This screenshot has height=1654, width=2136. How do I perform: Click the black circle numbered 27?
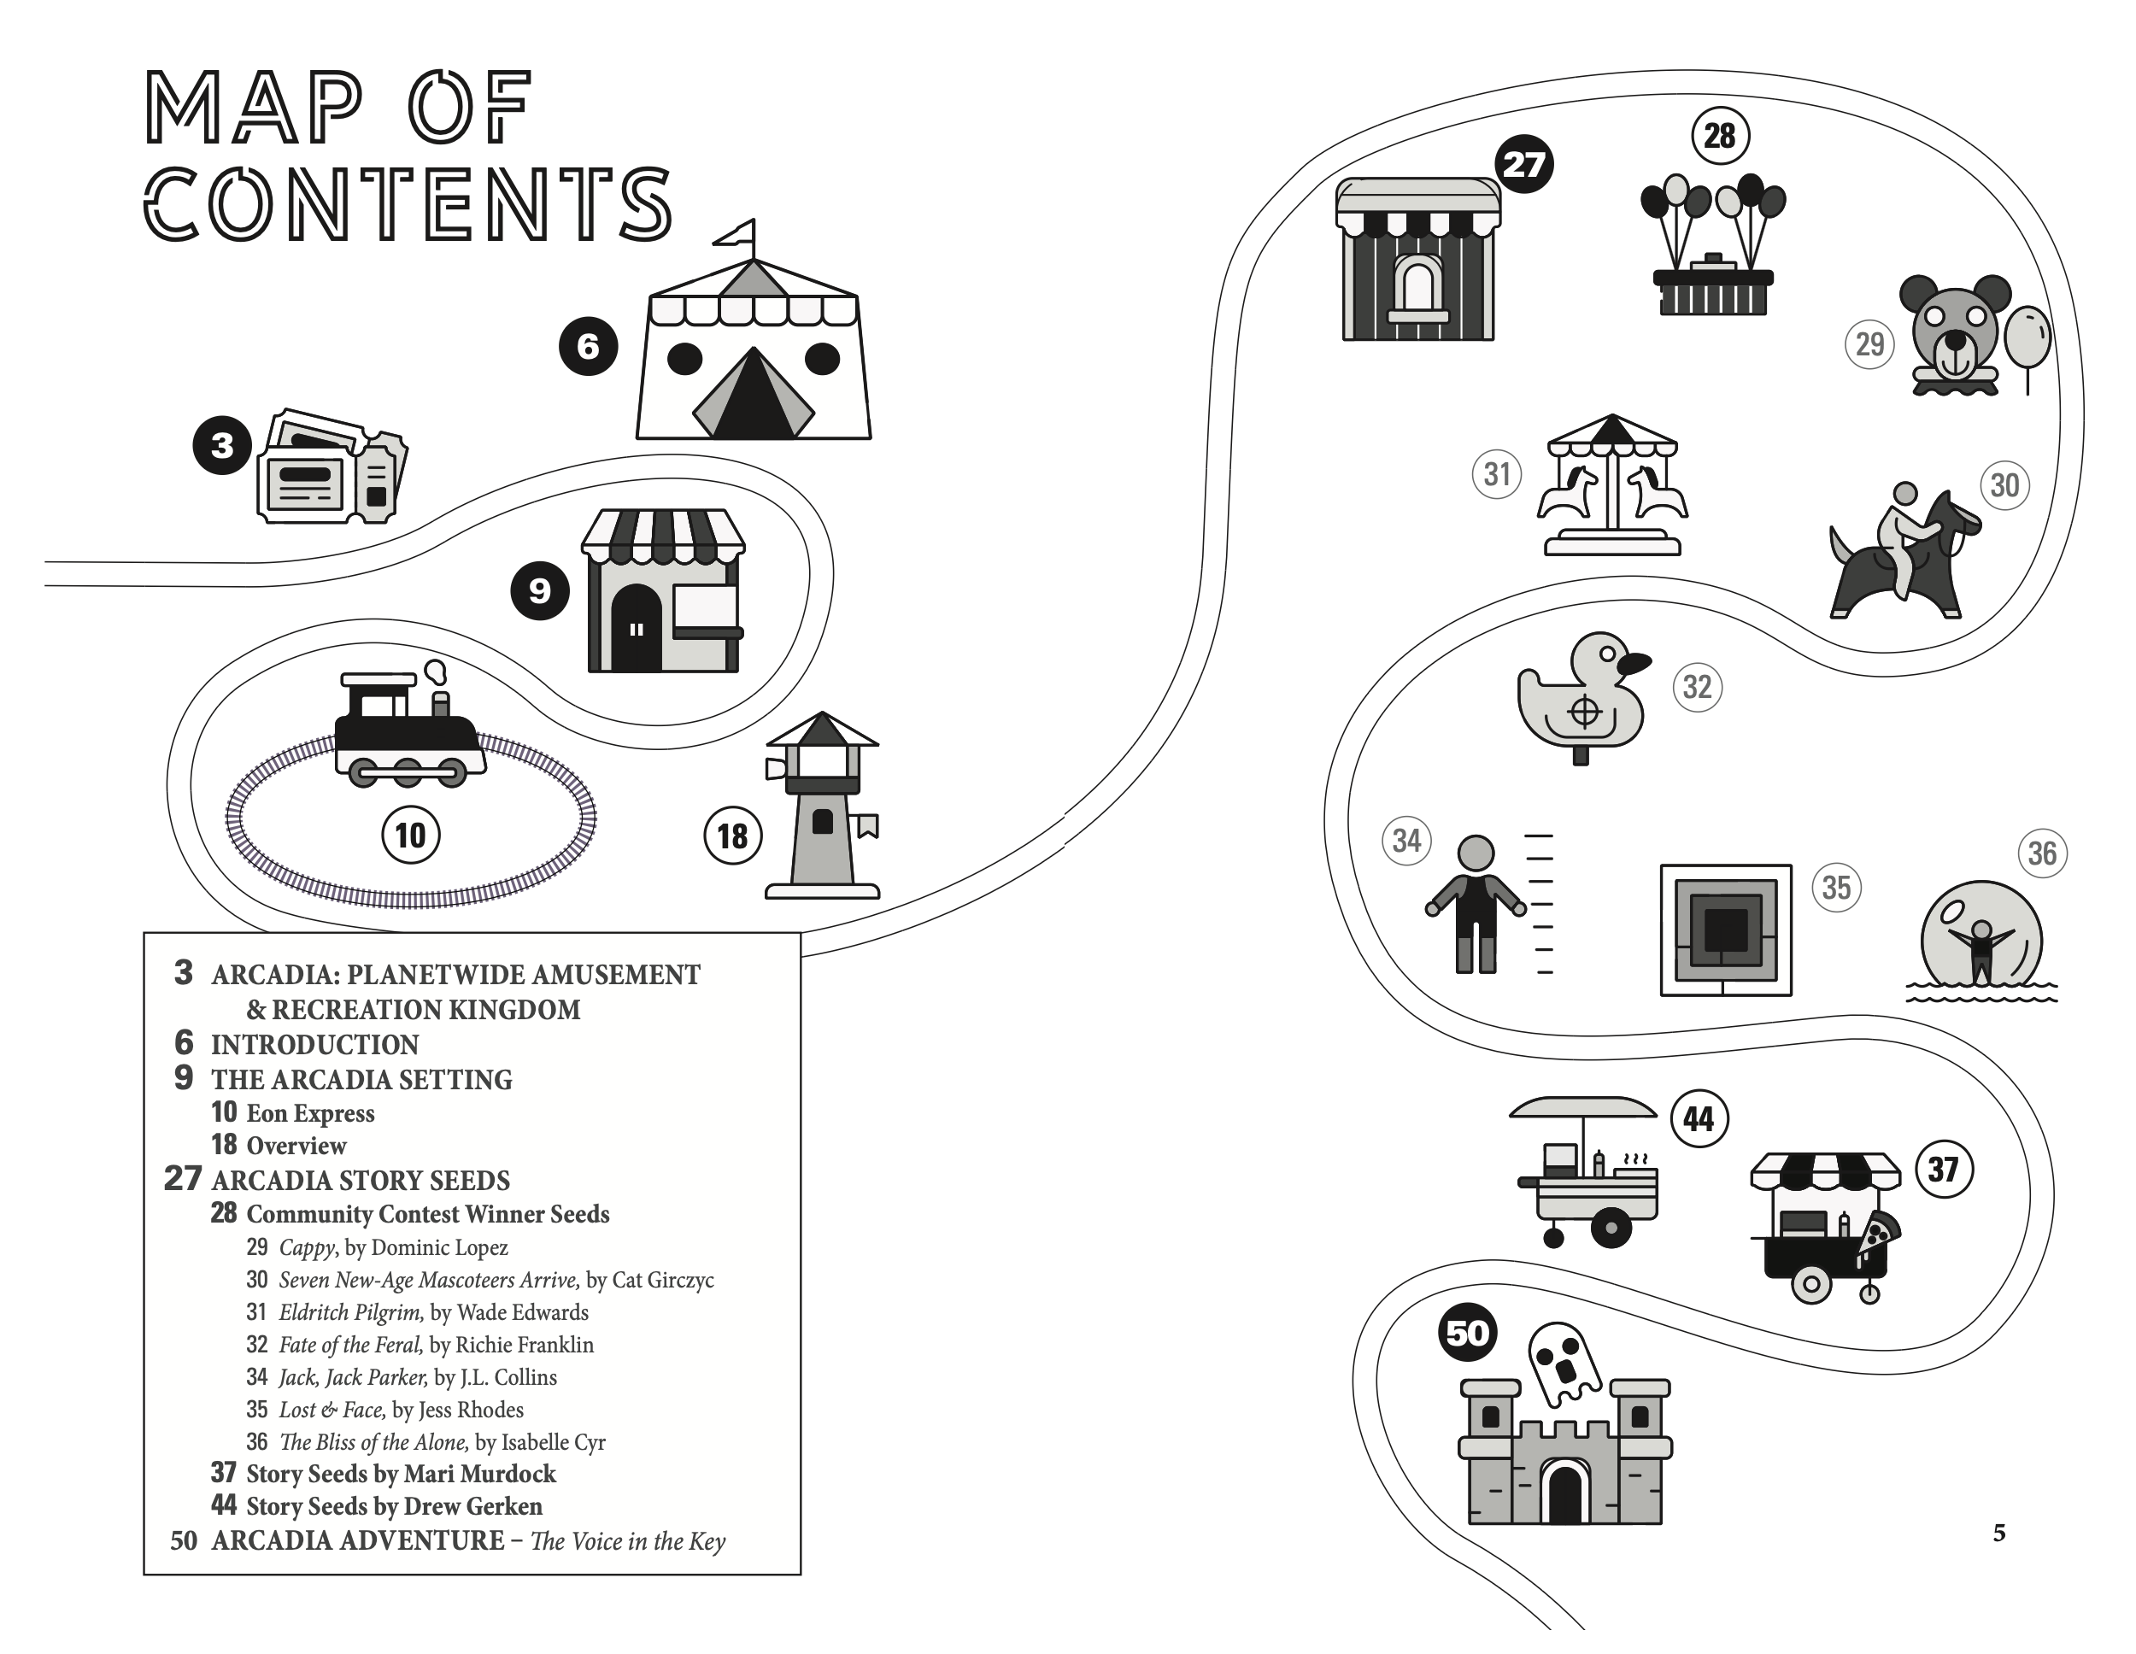coord(1523,164)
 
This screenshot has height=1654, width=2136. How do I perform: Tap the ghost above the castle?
coord(1562,1363)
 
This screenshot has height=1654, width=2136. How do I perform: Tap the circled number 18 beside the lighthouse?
coord(732,836)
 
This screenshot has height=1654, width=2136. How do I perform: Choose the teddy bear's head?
coord(1953,328)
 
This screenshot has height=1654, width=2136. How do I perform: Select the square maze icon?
coord(1725,930)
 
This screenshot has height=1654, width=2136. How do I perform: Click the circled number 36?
coord(2042,853)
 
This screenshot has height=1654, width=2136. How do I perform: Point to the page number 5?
coord(1999,1533)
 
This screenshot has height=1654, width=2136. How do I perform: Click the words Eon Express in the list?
coord(310,1114)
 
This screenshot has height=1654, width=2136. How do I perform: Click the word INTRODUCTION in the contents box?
coord(315,1045)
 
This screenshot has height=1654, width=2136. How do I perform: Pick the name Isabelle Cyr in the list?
coord(553,1443)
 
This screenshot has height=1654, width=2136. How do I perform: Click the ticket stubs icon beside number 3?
coord(332,466)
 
